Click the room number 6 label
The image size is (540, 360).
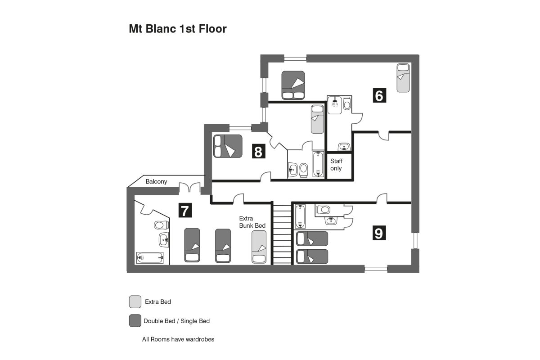tap(379, 95)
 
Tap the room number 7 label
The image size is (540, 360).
tap(185, 211)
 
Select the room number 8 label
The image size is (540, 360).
tap(258, 151)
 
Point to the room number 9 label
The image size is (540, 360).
tap(379, 233)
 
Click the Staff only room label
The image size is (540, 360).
tap(336, 165)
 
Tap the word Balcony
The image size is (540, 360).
tap(156, 182)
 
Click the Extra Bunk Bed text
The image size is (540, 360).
tap(252, 222)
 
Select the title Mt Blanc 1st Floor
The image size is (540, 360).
tap(178, 29)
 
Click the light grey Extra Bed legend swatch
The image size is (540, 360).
tap(135, 301)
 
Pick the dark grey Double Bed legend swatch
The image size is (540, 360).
tap(135, 321)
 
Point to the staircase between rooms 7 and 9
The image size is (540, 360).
tap(282, 234)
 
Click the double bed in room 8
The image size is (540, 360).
tap(228, 146)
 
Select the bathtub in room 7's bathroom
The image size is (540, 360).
tap(149, 258)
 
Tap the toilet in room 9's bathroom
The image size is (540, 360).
tap(324, 209)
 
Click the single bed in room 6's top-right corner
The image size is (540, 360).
tap(403, 78)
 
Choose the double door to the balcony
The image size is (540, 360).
tap(189, 187)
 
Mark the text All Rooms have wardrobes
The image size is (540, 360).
tap(178, 339)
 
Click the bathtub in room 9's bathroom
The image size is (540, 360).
tap(301, 217)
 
